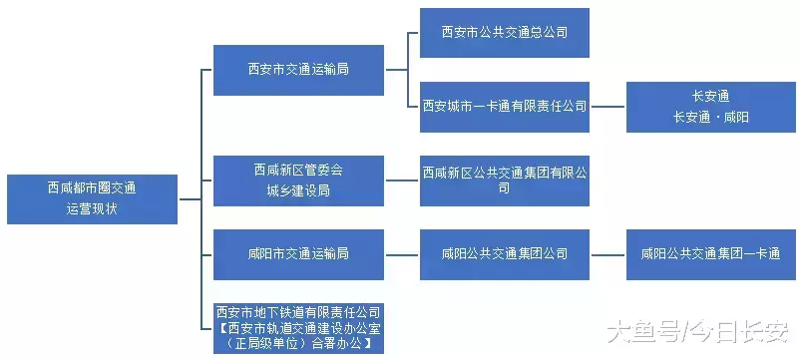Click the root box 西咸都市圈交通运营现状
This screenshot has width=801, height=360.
[x=92, y=198]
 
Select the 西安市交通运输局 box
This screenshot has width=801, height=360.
[x=298, y=70]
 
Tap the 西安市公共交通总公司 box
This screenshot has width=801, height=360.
[x=504, y=32]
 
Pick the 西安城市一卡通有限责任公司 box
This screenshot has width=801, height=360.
[x=504, y=106]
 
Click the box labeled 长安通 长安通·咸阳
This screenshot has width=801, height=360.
[x=710, y=106]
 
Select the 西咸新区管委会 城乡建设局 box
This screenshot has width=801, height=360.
[x=298, y=180]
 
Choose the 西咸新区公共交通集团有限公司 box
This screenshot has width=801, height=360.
[x=504, y=180]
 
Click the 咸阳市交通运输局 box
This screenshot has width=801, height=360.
[x=298, y=253]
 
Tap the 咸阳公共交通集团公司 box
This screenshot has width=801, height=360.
[x=504, y=253]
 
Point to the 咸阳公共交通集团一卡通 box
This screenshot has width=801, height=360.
[x=710, y=253]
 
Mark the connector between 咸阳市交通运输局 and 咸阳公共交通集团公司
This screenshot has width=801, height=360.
[x=401, y=253]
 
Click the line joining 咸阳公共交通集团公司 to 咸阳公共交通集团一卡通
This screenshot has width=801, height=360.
[x=607, y=253]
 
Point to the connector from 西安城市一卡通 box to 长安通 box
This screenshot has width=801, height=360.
[x=607, y=106]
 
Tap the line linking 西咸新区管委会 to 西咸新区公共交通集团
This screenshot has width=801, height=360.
[x=401, y=180]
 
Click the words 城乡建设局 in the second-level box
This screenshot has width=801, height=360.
[x=298, y=190]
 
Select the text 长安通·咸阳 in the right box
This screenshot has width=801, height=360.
[x=710, y=117]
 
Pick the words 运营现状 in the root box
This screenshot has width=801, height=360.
[x=92, y=209]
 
